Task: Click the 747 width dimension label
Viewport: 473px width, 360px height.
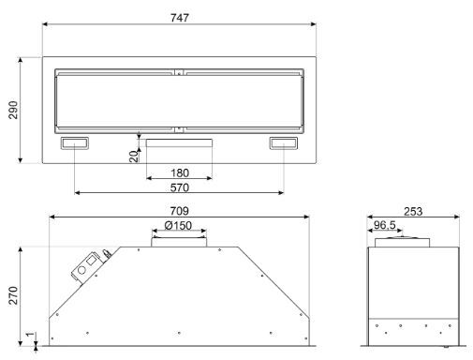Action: pos(180,18)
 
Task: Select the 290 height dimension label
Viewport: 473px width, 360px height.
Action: pos(13,110)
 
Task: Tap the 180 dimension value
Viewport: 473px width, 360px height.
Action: pos(180,172)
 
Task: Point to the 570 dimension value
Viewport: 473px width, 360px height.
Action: pos(180,187)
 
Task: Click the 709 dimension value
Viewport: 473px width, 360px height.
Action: pos(179,211)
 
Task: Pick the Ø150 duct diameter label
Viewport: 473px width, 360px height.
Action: pos(178,225)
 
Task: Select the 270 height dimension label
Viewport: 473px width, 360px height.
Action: pos(13,295)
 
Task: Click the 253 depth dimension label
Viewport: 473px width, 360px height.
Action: pos(413,212)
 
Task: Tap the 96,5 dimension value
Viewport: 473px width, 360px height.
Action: pos(385,225)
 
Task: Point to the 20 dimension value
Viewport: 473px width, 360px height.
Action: pos(134,157)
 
